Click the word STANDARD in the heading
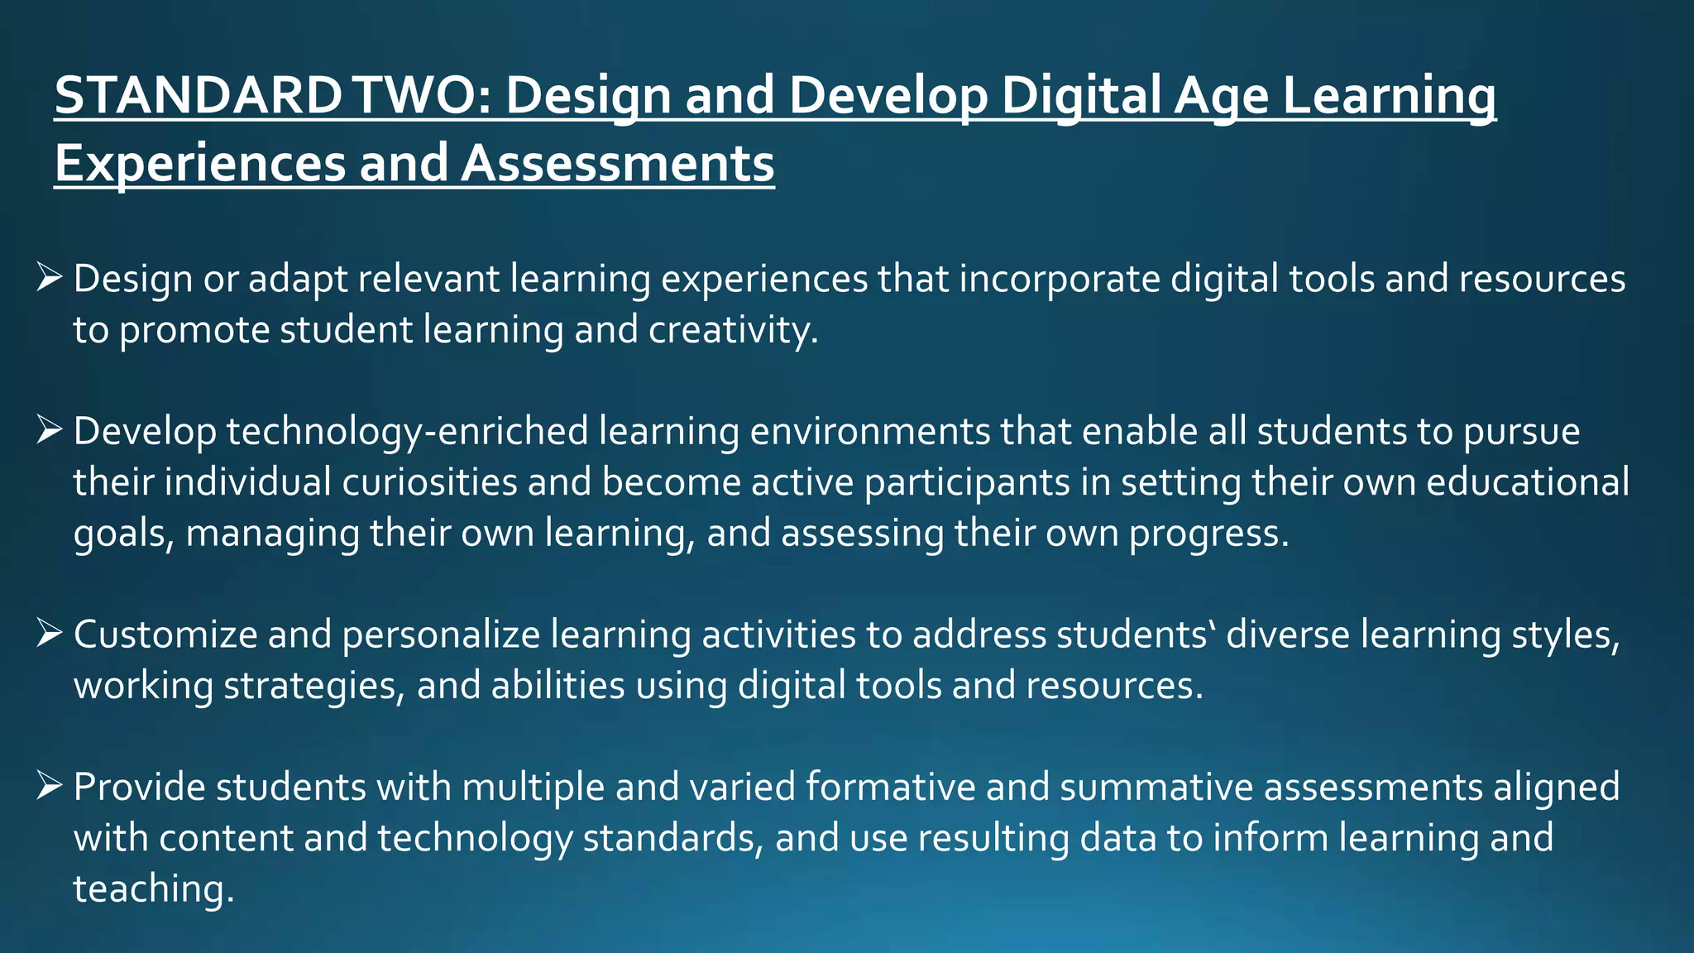(x=197, y=95)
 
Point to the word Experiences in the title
(x=199, y=163)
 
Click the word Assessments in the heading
(x=617, y=163)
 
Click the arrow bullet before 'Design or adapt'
(x=50, y=277)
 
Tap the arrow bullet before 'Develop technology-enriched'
(x=50, y=430)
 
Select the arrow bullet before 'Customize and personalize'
(x=50, y=634)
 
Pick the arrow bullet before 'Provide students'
(x=50, y=786)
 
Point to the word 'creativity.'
(x=733, y=330)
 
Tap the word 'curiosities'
(x=429, y=482)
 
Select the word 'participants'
(x=967, y=482)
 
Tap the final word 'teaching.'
(x=154, y=888)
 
